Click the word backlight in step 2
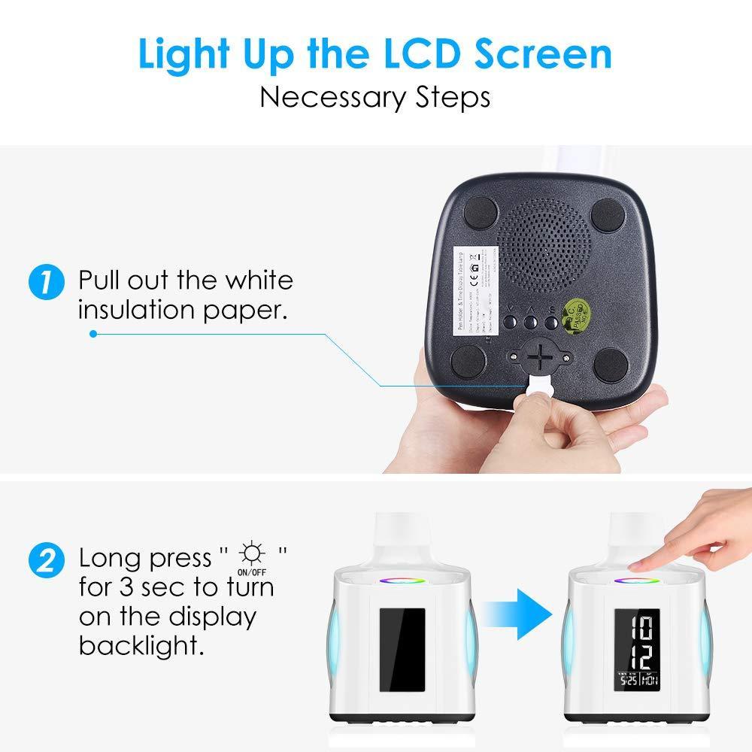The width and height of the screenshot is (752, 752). (x=141, y=645)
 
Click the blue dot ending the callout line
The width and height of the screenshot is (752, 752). (x=92, y=333)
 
